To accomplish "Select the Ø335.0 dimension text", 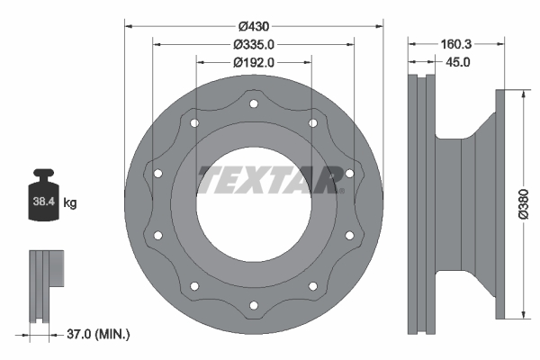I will pyautogui.click(x=253, y=44).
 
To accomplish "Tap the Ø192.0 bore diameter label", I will pyautogui.click(x=253, y=62).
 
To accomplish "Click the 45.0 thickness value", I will pyautogui.click(x=458, y=62).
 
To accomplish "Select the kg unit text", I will pyautogui.click(x=71, y=203).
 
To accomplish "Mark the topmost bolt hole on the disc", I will pyautogui.click(x=253, y=104).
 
